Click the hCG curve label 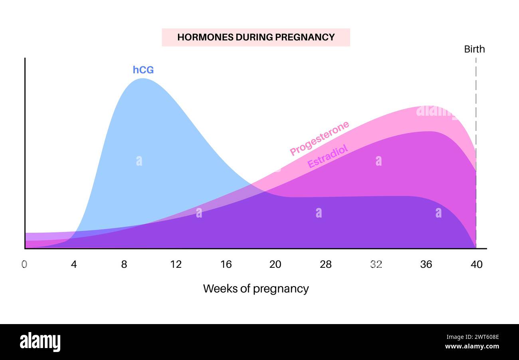[143, 70]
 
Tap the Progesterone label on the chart [319, 138]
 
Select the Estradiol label [328, 156]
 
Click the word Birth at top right [474, 49]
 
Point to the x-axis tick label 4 [74, 264]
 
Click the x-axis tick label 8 [124, 264]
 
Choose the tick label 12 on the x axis [176, 264]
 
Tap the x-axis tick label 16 [226, 264]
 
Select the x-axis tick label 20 [275, 264]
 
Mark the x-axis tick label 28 [325, 264]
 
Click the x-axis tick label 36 [426, 264]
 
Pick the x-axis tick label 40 [476, 264]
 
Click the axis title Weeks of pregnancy [256, 289]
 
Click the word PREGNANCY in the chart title [305, 37]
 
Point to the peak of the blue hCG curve [143, 79]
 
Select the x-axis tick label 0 [24, 264]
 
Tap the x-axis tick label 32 [376, 264]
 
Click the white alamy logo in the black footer [40, 342]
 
